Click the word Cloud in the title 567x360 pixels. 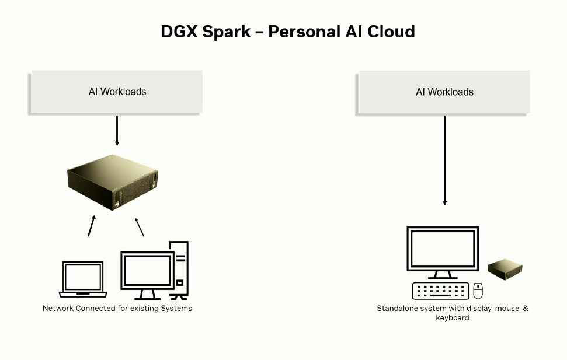click(x=391, y=32)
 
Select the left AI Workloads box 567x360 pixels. click(x=117, y=92)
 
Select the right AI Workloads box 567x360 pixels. click(x=444, y=92)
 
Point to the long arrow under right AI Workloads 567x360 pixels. click(x=444, y=160)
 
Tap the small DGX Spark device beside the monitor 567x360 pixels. click(x=505, y=269)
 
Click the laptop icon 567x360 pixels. click(x=83, y=279)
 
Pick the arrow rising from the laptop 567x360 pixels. click(x=92, y=226)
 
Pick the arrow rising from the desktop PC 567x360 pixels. click(x=140, y=227)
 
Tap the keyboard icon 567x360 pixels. click(x=441, y=291)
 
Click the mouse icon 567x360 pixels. click(x=478, y=290)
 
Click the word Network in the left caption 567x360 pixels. click(x=58, y=308)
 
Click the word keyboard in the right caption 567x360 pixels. click(x=453, y=318)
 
